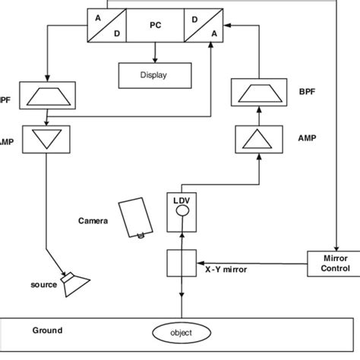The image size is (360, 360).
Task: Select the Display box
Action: point(156,75)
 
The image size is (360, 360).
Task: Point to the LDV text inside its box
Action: point(182,201)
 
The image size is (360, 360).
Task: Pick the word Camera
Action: point(94,222)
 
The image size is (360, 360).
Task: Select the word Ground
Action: point(47,330)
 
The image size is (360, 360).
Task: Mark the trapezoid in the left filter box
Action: point(48,95)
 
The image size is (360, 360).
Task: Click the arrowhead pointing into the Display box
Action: point(156,58)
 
